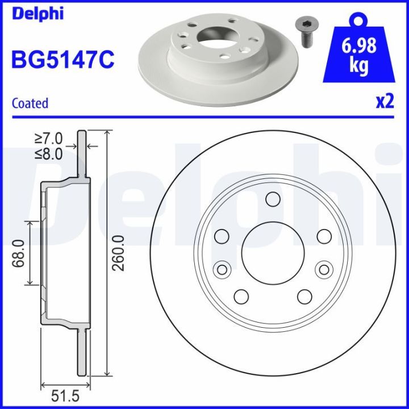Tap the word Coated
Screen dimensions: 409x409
pyautogui.click(x=30, y=103)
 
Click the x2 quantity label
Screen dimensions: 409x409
pyautogui.click(x=385, y=102)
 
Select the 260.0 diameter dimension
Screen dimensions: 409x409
pyautogui.click(x=119, y=253)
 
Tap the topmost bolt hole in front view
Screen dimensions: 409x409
pyautogui.click(x=273, y=199)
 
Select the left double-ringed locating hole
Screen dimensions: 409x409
pyautogui.click(x=222, y=269)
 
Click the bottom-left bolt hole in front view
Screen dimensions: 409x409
pyautogui.click(x=241, y=297)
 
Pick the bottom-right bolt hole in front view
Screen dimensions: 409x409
pyautogui.click(x=304, y=297)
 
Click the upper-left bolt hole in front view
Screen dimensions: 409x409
pyautogui.click(x=222, y=236)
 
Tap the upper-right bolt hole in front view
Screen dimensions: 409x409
pyautogui.click(x=324, y=236)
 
